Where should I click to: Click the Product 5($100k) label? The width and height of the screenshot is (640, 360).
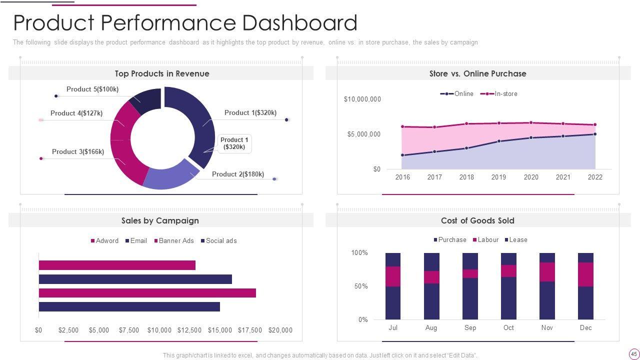click(92, 89)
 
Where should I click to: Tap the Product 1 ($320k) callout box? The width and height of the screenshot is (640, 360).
click(234, 143)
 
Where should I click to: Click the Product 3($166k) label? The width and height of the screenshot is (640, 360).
click(78, 151)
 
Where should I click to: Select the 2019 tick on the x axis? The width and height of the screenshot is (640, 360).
click(498, 177)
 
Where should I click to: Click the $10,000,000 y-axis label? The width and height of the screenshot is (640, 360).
click(362, 99)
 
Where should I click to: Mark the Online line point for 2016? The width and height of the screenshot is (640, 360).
click(402, 155)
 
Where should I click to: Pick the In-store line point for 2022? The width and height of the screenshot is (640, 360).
click(595, 125)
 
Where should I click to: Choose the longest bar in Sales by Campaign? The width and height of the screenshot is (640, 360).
click(147, 293)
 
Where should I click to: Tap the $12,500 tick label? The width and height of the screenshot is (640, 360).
click(189, 330)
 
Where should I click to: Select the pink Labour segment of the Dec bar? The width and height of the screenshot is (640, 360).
click(585, 274)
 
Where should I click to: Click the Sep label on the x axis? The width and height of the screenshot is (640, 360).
click(470, 327)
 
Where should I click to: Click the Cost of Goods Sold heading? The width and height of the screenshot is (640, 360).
click(477, 220)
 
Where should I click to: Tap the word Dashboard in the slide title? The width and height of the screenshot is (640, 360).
click(299, 23)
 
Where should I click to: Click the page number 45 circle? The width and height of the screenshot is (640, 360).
click(634, 354)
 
